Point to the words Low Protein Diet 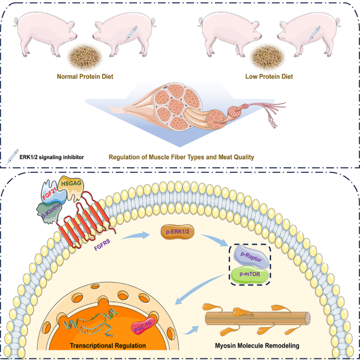(x=269, y=76)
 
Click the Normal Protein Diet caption (x=85, y=76)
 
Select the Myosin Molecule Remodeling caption (x=257, y=346)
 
